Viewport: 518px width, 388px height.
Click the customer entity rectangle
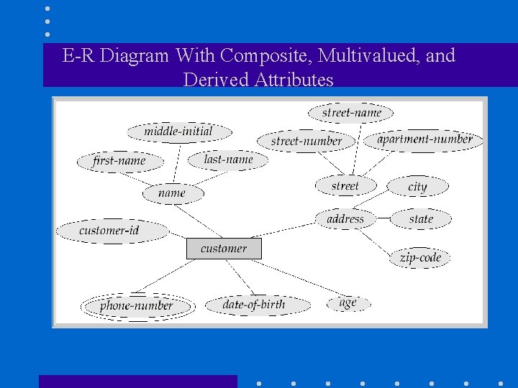point(224,249)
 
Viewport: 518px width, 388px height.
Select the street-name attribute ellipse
point(351,113)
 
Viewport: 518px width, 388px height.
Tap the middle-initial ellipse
point(179,131)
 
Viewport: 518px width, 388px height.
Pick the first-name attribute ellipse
point(119,161)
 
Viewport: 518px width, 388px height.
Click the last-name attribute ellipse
point(228,160)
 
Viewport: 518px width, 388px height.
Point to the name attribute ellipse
point(173,193)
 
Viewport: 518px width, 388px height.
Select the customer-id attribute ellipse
point(111,231)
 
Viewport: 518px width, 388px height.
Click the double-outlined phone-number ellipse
point(137,306)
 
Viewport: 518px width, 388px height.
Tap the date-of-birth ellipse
point(255,305)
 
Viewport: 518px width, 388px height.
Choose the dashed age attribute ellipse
point(349,303)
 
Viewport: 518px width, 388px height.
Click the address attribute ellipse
point(345,218)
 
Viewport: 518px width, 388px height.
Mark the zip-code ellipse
point(421,257)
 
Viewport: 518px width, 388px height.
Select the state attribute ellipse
point(421,218)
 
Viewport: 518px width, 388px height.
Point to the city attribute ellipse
point(417,187)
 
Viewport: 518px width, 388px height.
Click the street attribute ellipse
point(345,186)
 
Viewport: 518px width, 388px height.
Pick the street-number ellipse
point(306,141)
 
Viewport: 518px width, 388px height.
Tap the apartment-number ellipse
point(424,139)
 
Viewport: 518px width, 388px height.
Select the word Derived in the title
point(217,79)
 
